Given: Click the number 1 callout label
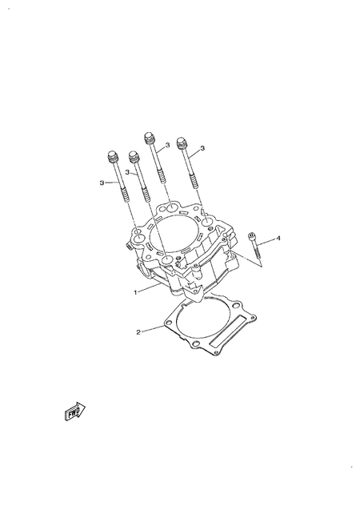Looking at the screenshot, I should pos(137,292).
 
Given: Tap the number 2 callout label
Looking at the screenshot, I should pos(138,331).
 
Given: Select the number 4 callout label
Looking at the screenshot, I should pos(278,238).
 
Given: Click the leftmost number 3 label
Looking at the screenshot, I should pos(102,183).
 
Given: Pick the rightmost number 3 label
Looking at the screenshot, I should pos(202,148).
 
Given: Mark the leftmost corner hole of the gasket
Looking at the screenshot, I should pos(167,326).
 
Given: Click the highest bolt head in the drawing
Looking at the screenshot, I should pos(149,136).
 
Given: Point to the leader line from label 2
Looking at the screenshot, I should pos(152,329).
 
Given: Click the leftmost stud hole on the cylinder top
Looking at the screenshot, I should pos(138,237).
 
